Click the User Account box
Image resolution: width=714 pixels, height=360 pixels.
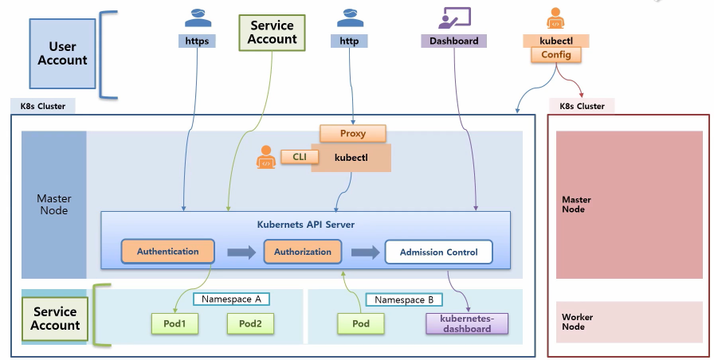point(62,53)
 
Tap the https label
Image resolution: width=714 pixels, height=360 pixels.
point(197,41)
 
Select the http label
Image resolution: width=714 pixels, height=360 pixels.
point(349,41)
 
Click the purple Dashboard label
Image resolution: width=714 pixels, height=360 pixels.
point(453,41)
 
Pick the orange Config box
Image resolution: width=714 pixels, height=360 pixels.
point(556,55)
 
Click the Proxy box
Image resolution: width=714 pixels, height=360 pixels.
point(353,134)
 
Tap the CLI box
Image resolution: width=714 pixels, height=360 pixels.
point(299,157)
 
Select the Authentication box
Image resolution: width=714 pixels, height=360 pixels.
point(167,251)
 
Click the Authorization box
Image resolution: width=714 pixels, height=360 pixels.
point(303,252)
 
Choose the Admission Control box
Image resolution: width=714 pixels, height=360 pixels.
point(438,252)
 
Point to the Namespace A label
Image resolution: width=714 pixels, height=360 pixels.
point(231,299)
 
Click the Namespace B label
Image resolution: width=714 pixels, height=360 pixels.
point(404,300)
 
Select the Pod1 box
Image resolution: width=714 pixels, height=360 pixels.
point(175,323)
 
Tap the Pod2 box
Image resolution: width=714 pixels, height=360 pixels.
point(250,323)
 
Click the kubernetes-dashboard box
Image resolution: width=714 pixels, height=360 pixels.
point(467,323)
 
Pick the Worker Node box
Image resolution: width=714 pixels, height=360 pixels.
point(630,322)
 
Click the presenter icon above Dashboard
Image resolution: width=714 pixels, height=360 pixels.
point(454,18)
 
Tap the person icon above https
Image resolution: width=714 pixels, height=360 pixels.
point(198,18)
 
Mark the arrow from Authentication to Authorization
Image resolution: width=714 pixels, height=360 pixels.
point(241,252)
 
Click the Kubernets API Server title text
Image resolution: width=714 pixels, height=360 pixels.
point(305,225)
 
